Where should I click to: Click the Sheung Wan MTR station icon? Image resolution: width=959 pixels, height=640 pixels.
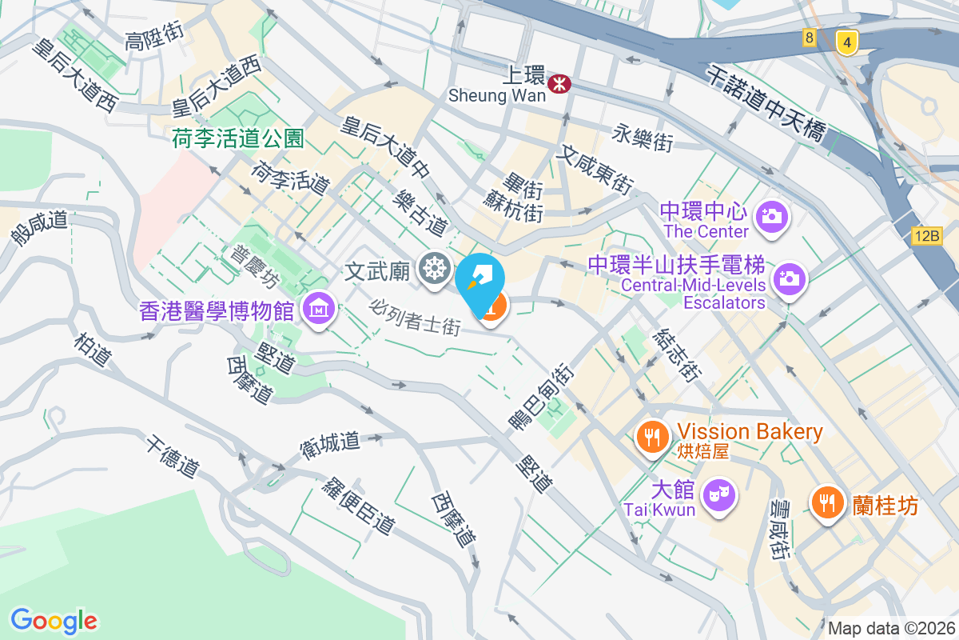[x=559, y=82]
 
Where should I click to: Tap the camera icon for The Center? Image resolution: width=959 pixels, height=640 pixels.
[x=772, y=216]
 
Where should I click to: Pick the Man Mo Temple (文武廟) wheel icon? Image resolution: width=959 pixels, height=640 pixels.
[x=434, y=269]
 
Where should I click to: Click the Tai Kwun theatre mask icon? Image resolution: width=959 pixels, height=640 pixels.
[x=719, y=493]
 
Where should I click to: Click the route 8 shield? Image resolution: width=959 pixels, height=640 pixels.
[x=810, y=38]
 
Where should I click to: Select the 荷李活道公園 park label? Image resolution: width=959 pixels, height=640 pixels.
[x=238, y=139]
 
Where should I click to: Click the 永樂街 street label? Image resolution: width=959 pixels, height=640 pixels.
[x=642, y=138]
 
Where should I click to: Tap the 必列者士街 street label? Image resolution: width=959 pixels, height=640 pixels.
[x=416, y=317]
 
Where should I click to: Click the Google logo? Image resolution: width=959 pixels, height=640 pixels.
[x=54, y=620]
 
